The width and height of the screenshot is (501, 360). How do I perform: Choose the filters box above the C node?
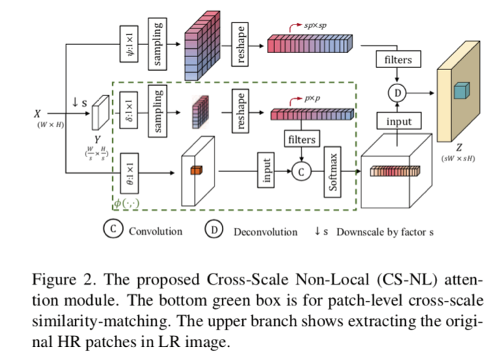click(302, 139)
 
